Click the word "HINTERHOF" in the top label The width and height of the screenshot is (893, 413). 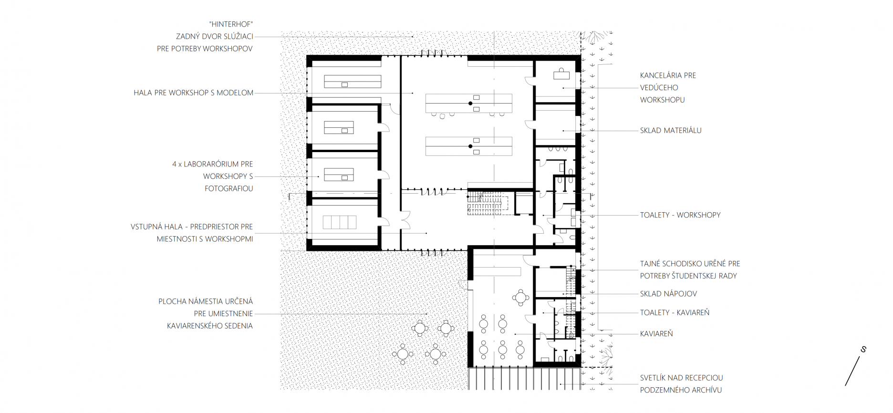pyautogui.click(x=231, y=24)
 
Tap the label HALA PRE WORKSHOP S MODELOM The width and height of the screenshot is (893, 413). pyautogui.click(x=194, y=93)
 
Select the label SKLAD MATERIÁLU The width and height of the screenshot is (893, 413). pyautogui.click(x=671, y=130)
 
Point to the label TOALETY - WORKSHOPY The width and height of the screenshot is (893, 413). pyautogui.click(x=680, y=215)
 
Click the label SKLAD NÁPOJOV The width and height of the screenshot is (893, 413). pyautogui.click(x=668, y=294)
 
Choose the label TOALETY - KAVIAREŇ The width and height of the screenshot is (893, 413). pyautogui.click(x=675, y=312)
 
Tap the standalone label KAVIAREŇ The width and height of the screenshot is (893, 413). pyautogui.click(x=656, y=334)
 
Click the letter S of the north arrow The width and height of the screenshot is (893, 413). pyautogui.click(x=863, y=349)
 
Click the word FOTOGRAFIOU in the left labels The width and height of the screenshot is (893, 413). pyautogui.click(x=229, y=188)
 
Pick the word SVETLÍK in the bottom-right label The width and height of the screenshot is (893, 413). pyautogui.click(x=654, y=378)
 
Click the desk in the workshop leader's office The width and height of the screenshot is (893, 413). pyautogui.click(x=561, y=74)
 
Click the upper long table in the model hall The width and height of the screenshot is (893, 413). pyautogui.click(x=469, y=103)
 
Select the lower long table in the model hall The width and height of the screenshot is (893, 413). pyautogui.click(x=469, y=146)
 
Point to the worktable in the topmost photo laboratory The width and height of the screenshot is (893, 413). pyautogui.click(x=353, y=82)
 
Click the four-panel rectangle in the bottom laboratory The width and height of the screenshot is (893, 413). pyautogui.click(x=340, y=222)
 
